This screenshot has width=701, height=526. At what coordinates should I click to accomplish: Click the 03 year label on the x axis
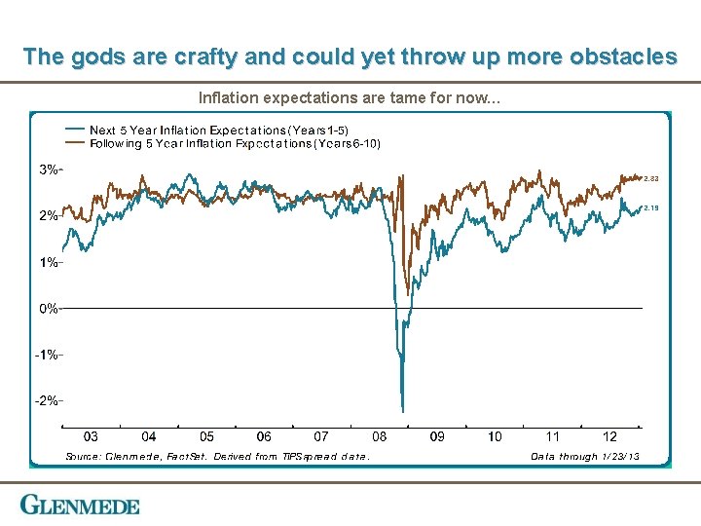pos(91,437)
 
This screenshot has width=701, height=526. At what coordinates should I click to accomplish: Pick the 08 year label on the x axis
pos(380,437)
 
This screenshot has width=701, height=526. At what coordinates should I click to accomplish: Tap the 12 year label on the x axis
pos(610,437)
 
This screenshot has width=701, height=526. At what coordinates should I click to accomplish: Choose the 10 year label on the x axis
pos(495,437)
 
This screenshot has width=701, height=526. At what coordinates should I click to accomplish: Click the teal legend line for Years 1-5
pos(74,130)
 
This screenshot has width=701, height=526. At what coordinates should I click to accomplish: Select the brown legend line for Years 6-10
pos(74,143)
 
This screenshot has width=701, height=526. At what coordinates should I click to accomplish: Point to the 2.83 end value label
pos(651,178)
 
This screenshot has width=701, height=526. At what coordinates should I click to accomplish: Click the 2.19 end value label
pos(651,207)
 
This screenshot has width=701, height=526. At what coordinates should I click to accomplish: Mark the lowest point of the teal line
pos(402,410)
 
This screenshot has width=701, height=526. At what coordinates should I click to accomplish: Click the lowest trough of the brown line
pos(408,293)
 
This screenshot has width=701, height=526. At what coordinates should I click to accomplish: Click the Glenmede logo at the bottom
pos(81,505)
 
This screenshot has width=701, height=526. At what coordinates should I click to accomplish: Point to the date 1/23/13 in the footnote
pos(620,456)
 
